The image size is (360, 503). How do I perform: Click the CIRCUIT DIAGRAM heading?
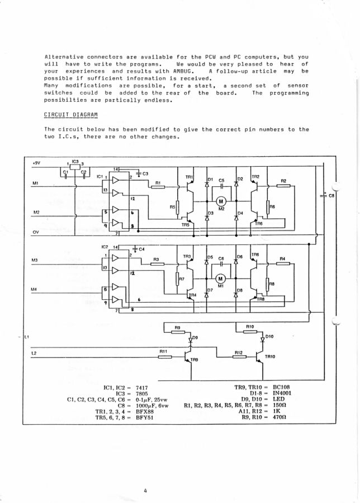pos(71,115)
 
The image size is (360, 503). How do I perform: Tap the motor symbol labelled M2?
pos(221,201)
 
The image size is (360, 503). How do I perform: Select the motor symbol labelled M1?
pos(220,279)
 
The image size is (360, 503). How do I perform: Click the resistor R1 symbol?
pos(158,187)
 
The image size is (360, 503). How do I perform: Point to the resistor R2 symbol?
pos(283,185)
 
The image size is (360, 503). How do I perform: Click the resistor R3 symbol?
pos(158,264)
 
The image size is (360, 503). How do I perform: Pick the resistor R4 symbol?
pos(283,264)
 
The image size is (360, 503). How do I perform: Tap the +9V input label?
pos(36,163)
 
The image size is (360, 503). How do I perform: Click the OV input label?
pos(36,232)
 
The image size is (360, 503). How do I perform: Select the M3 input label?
pos(35,260)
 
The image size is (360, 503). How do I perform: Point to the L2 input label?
pos(34,353)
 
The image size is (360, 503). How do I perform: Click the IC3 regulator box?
pos(75,167)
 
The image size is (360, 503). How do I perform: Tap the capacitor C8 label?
pos(331,195)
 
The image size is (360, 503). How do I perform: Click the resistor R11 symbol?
pos(165,357)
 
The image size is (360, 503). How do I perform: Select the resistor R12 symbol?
pos(239,357)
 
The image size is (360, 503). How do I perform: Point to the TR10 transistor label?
pos(270,356)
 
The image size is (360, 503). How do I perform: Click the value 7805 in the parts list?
pos(141,393)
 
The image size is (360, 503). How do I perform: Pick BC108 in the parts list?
pos(281,387)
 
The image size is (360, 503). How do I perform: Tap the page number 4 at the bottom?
pos(145,490)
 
